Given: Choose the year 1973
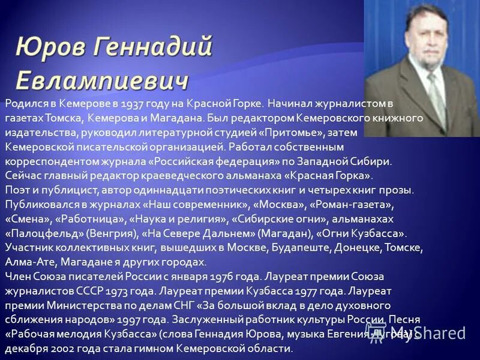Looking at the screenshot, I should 139,292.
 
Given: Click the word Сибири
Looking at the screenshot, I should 373,162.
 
